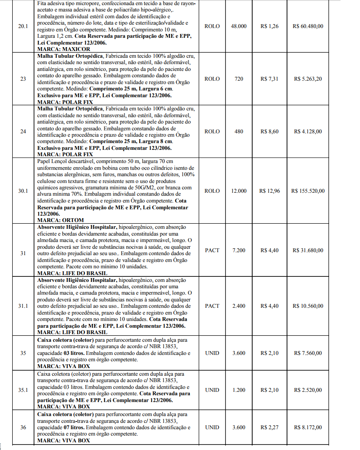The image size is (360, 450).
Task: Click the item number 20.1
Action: [x=23, y=26]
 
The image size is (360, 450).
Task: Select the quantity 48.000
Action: [x=239, y=26]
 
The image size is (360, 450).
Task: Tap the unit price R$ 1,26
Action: [x=270, y=26]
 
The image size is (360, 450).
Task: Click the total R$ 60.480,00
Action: [x=308, y=26]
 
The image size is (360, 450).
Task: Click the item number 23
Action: [x=23, y=79]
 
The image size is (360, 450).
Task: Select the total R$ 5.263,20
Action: [x=308, y=79]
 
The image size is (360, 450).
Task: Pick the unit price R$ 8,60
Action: [x=270, y=132]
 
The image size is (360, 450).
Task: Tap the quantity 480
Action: [x=239, y=132]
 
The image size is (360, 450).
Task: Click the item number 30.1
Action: [x=23, y=191]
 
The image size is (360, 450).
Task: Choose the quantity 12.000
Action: [x=239, y=191]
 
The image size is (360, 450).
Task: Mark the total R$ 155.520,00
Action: [x=308, y=191]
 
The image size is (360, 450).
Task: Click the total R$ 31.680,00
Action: [x=308, y=250]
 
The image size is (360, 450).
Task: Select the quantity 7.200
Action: [x=239, y=250]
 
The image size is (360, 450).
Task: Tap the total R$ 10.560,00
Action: [x=308, y=306]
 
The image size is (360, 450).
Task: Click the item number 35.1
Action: [x=23, y=390]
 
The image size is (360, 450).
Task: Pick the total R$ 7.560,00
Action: [x=308, y=353]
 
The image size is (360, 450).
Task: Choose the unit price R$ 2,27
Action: [x=270, y=427]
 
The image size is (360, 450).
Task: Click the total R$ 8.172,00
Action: [x=308, y=427]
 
